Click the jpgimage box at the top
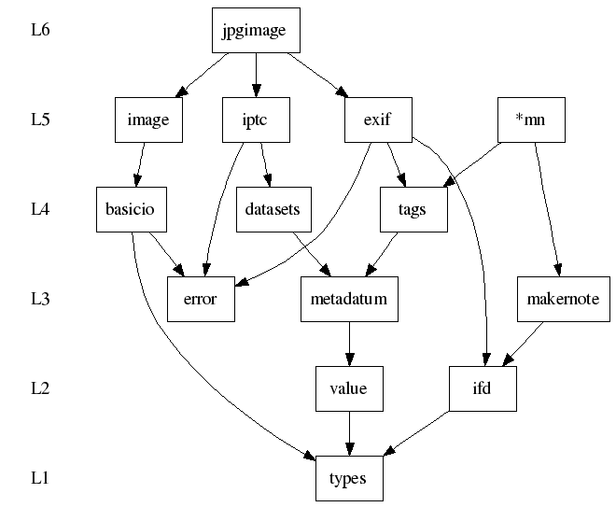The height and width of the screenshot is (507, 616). point(255,31)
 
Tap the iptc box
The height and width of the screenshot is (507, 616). point(255,120)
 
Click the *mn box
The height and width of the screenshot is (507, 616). point(531,120)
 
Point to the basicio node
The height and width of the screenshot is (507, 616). point(132,210)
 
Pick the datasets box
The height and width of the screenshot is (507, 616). point(272,210)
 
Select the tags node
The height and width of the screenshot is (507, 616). point(413,210)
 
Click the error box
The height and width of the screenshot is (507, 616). point(200,300)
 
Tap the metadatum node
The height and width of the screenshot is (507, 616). point(349,300)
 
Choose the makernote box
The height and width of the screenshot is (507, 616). point(563,300)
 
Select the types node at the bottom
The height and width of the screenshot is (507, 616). point(349,479)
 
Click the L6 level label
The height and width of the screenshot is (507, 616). point(40,31)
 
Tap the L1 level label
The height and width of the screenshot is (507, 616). point(40,479)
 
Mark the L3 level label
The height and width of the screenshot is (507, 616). point(40,300)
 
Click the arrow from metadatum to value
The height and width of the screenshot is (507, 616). point(349,345)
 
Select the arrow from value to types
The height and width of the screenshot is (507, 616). point(349,434)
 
